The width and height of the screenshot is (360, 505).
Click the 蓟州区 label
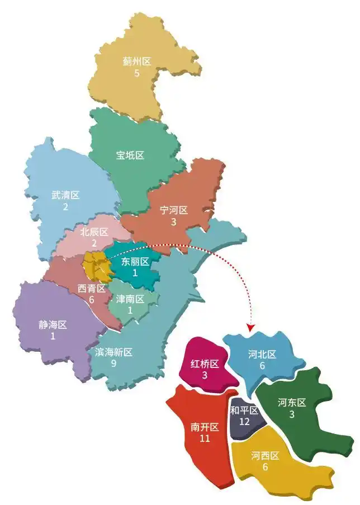137,62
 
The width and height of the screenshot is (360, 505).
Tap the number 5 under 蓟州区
137,73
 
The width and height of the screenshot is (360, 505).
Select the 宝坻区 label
130,155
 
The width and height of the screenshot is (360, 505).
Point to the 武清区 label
65,195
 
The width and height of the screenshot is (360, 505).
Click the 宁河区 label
174,210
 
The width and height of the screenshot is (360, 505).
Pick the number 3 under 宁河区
174,222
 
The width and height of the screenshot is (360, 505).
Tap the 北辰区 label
94,232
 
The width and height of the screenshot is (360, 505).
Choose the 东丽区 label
135,261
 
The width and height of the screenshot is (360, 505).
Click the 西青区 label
91,289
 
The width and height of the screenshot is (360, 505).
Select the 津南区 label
130,299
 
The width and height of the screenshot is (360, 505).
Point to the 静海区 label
53,325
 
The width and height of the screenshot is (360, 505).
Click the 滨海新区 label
114,352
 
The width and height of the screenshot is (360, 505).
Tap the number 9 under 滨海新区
114,364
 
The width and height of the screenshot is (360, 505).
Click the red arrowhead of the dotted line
250,325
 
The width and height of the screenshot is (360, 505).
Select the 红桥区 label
205,364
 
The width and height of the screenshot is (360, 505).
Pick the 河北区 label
262,354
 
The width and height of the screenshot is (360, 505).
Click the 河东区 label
292,402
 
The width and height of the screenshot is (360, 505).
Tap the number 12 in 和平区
244,422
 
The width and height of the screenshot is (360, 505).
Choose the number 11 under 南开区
205,438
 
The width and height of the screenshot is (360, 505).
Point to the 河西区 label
265,455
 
